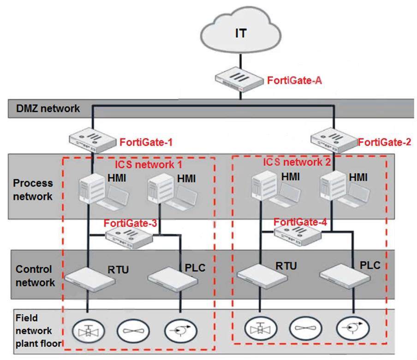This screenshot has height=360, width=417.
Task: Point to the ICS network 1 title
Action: pos(149,164)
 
